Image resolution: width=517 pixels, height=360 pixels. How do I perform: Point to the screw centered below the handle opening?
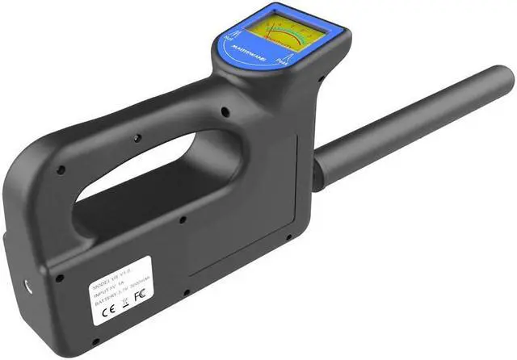(x=183, y=219)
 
